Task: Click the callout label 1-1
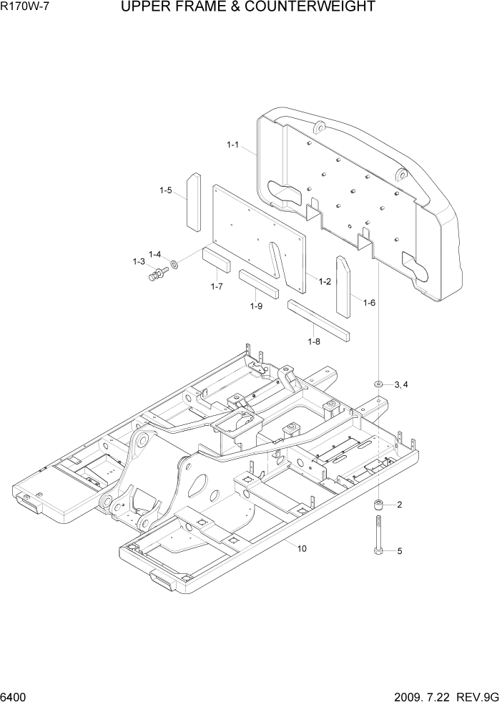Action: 232,145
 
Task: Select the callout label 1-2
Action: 324,281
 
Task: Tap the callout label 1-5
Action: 166,190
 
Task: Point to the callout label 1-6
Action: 369,303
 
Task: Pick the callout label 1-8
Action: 314,341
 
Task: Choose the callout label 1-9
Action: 257,306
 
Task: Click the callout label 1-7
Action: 217,286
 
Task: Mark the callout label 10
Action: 302,548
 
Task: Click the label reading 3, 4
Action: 401,385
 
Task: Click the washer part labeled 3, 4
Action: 378,384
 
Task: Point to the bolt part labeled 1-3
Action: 155,273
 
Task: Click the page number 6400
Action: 16,696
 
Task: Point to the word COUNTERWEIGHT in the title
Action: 308,7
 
